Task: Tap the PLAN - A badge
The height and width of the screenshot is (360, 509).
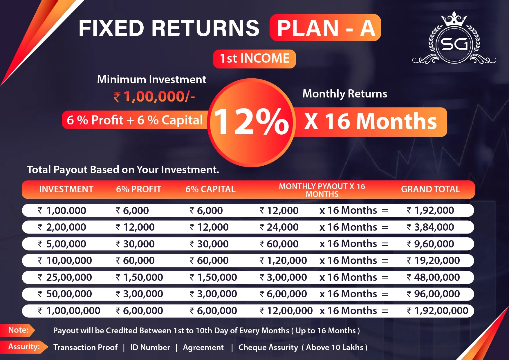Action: pos(325,28)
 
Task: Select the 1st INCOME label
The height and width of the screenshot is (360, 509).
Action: pos(255,59)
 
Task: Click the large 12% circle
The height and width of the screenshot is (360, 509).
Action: pos(252,122)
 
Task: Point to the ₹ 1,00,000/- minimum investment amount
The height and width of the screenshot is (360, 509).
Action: pos(154,97)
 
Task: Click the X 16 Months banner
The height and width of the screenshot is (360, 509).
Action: pos(371,122)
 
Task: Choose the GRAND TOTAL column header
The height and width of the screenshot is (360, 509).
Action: pos(430,189)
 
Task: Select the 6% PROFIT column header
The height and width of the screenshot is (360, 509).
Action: pos(139,189)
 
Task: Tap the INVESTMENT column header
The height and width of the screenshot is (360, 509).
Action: pos(66,189)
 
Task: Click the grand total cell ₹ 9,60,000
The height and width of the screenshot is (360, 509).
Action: pos(430,244)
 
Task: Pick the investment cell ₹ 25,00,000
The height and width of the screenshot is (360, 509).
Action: pos(65,277)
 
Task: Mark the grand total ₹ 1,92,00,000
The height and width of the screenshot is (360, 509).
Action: pos(437,311)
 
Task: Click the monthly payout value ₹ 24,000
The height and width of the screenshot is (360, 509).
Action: pos(279,227)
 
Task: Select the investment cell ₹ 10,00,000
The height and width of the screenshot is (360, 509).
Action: pos(65,260)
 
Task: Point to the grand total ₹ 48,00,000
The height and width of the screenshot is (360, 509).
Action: pos(433,277)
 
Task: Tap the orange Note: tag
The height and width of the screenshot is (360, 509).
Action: pos(17,330)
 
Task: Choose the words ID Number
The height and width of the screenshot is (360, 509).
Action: pos(150,347)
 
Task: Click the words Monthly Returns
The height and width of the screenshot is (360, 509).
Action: pos(345,94)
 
